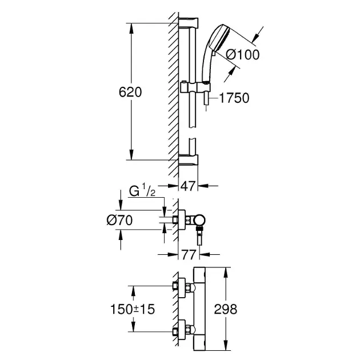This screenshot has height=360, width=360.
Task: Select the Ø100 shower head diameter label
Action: pyautogui.click(x=242, y=55)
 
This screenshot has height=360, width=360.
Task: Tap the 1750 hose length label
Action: pyautogui.click(x=234, y=98)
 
